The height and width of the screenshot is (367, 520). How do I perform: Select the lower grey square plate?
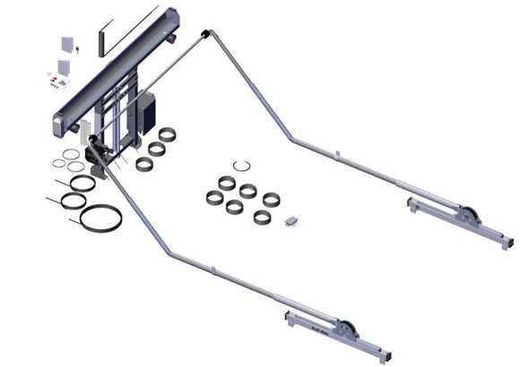[64, 67]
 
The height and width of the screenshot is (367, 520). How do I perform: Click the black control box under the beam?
[144, 113]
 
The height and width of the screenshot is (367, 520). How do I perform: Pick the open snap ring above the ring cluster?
[241, 166]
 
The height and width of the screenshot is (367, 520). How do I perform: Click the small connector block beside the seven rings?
[290, 219]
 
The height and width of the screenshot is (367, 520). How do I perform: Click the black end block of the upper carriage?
[507, 243]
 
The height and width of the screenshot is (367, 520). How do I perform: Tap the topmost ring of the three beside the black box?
[167, 134]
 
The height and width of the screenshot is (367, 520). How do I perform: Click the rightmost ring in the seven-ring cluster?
[271, 198]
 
